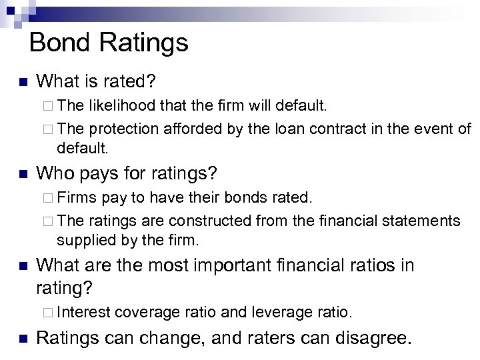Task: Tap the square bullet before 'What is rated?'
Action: (21, 83)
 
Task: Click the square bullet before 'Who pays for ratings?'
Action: (21, 175)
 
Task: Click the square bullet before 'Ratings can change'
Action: (21, 338)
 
